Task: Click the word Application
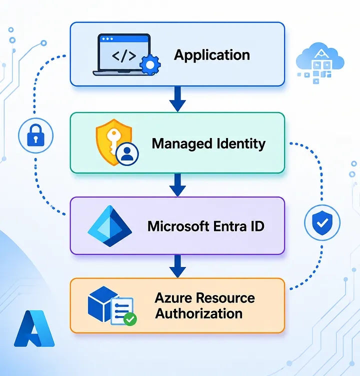[212, 55]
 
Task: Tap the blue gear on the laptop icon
[150, 64]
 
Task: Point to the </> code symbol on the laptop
[124, 56]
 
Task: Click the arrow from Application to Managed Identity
[177, 99]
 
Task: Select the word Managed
[182, 144]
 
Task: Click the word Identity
[241, 144]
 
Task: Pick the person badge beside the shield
[127, 153]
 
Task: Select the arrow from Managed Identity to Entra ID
[177, 185]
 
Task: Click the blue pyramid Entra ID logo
[110, 226]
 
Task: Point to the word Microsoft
[178, 226]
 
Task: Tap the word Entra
[230, 226]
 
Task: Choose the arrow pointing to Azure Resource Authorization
[177, 266]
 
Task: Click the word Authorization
[199, 313]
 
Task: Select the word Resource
[226, 298]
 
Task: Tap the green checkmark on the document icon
[130, 319]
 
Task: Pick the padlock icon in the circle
[35, 135]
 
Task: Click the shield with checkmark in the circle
[322, 223]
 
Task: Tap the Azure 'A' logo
[34, 328]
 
